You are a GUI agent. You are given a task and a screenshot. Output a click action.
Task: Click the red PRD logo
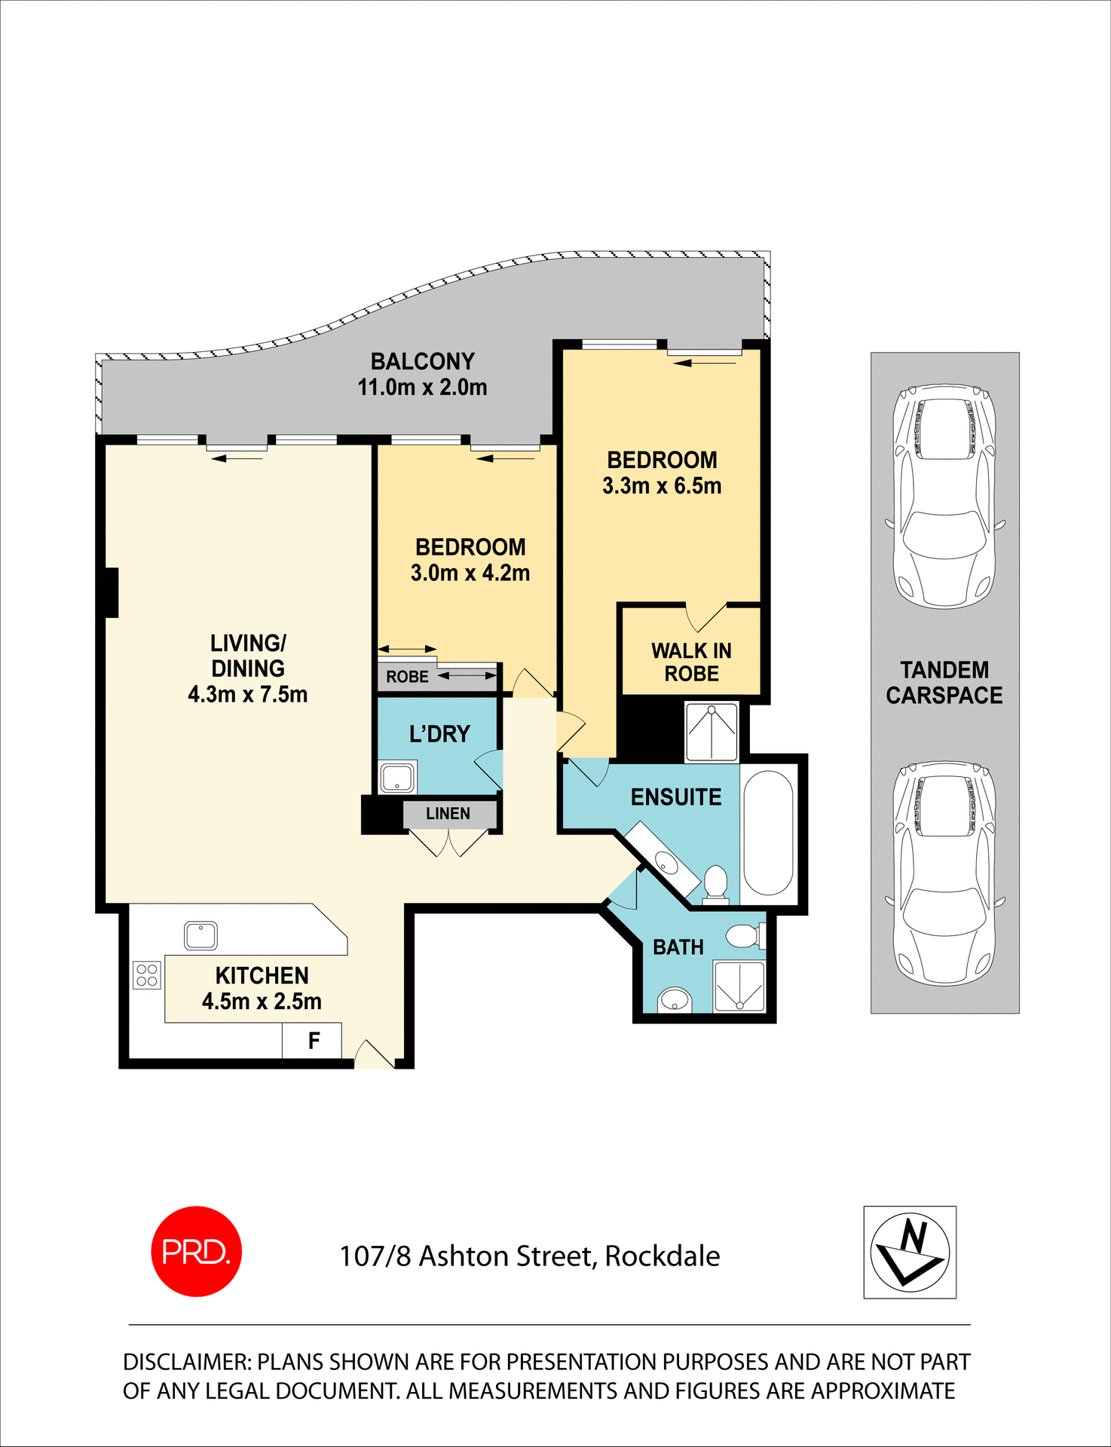196,1251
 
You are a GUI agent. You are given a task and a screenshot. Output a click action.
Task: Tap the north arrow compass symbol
910,1253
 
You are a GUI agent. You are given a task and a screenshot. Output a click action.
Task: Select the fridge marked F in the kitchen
313,1041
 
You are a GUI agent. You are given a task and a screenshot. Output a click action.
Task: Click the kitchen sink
201,936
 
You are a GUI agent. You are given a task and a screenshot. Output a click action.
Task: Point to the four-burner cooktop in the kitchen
147,975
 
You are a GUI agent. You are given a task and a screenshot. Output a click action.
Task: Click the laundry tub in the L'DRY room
397,778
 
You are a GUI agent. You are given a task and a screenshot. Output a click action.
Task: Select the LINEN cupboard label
448,814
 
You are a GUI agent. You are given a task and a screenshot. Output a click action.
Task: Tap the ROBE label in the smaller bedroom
407,677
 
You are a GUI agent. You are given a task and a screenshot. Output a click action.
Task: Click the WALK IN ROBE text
691,662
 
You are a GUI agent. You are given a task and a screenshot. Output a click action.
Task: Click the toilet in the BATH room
744,937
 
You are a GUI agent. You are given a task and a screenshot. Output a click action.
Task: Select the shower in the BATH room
739,986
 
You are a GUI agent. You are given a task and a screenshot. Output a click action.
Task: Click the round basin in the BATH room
675,1001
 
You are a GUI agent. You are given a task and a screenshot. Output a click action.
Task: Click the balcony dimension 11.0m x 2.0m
422,387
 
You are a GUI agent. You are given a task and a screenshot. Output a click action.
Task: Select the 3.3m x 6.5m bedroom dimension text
662,486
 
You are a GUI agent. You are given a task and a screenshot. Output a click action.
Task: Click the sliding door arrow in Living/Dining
237,457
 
